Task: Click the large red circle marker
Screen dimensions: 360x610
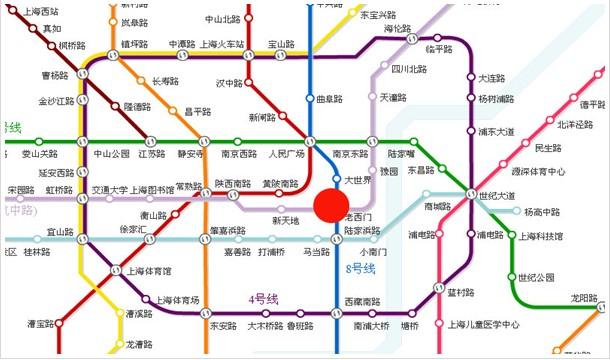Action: pyautogui.click(x=331, y=206)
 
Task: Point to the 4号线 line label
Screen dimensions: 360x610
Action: pyautogui.click(x=264, y=299)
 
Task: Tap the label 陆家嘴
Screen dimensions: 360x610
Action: pyautogui.click(x=403, y=154)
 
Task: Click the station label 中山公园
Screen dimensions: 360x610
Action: pyautogui.click(x=112, y=154)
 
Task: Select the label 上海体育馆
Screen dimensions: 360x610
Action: pyautogui.click(x=150, y=270)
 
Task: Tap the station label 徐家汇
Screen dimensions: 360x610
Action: pyautogui.click(x=133, y=230)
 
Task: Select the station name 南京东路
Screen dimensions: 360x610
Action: pyautogui.click(x=351, y=154)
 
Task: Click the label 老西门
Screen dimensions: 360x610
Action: pyautogui.click(x=358, y=216)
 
